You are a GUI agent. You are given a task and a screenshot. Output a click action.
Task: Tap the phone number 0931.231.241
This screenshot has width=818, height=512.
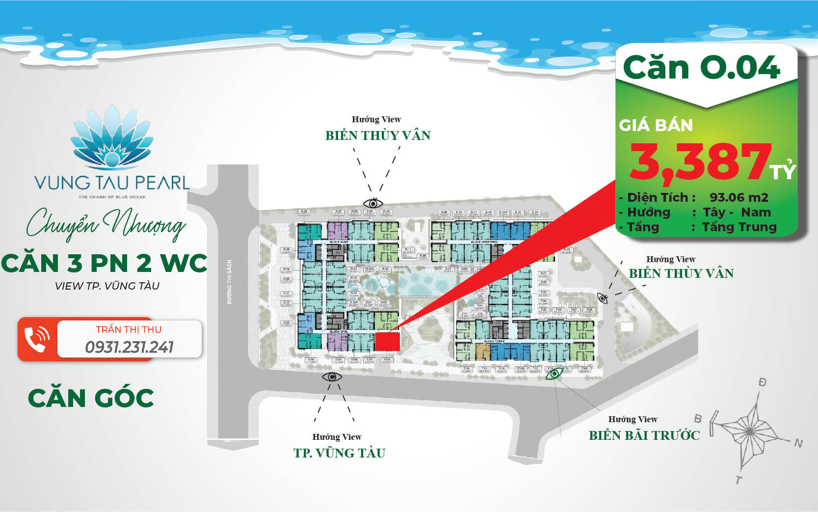[129, 347]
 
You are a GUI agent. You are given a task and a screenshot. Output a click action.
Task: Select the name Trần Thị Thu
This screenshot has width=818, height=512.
[129, 329]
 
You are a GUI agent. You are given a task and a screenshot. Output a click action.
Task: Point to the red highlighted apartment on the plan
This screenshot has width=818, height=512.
[387, 342]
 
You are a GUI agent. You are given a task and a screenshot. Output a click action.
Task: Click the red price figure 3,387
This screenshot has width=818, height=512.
[700, 161]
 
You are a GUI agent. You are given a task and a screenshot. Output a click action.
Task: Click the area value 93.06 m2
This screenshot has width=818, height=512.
[739, 197]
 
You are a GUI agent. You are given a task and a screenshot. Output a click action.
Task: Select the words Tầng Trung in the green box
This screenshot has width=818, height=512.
[739, 227]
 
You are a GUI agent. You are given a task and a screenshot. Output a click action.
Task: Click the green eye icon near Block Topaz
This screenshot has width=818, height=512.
[554, 374]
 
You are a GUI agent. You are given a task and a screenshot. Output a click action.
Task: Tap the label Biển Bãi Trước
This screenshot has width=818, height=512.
[644, 435]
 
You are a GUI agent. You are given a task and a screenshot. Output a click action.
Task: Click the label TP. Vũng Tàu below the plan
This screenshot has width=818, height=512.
[339, 453]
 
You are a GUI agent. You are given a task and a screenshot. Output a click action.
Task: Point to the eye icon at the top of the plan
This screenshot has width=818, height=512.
[373, 203]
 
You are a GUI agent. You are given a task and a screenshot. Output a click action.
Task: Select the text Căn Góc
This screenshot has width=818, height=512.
[91, 398]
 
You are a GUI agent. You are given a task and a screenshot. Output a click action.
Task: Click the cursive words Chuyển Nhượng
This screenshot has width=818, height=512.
[106, 225]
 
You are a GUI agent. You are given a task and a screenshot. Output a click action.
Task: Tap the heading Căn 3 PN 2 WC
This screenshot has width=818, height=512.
[104, 263]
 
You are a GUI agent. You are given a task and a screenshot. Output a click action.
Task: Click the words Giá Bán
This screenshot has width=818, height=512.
[656, 125]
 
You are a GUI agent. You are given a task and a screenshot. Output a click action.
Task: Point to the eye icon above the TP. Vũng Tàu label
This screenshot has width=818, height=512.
[332, 377]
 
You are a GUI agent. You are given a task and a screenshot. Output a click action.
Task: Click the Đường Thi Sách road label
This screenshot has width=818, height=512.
[230, 282]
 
